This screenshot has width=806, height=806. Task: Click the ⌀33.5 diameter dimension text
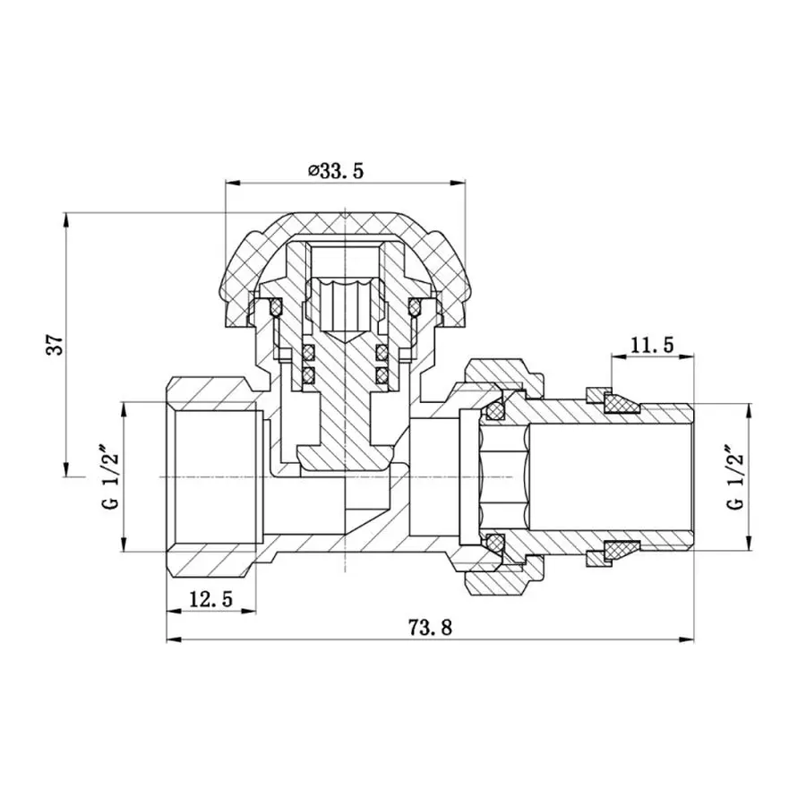click(x=336, y=170)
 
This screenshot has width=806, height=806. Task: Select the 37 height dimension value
click(x=56, y=345)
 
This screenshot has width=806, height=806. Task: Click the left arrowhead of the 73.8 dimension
click(x=173, y=640)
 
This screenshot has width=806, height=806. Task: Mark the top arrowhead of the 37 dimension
click(x=67, y=219)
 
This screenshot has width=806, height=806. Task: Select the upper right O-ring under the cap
click(x=415, y=309)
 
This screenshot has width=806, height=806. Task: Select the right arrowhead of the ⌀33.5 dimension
click(x=459, y=184)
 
